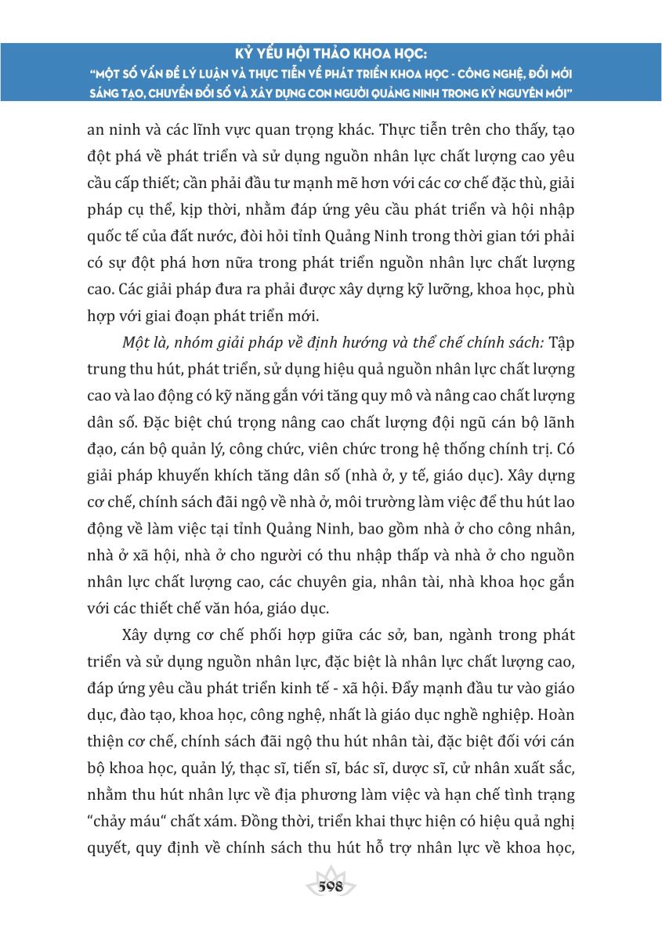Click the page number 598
pos(331,887)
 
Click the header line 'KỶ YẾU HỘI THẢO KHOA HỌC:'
pos(331,56)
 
